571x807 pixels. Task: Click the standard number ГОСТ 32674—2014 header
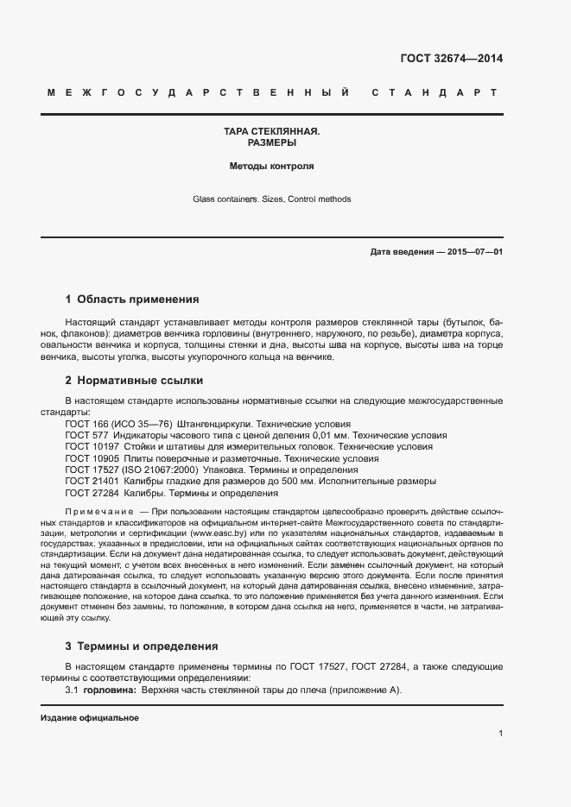coord(451,59)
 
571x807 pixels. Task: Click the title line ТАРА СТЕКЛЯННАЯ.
coord(271,132)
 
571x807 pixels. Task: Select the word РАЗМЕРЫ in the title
coord(271,143)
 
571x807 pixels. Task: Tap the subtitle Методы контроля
coord(271,165)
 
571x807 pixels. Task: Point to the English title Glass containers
coord(226,199)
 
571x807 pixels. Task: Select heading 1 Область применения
coord(132,299)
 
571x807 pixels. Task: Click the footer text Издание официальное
coord(90,718)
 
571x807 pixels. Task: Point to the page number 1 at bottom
coord(500,734)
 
